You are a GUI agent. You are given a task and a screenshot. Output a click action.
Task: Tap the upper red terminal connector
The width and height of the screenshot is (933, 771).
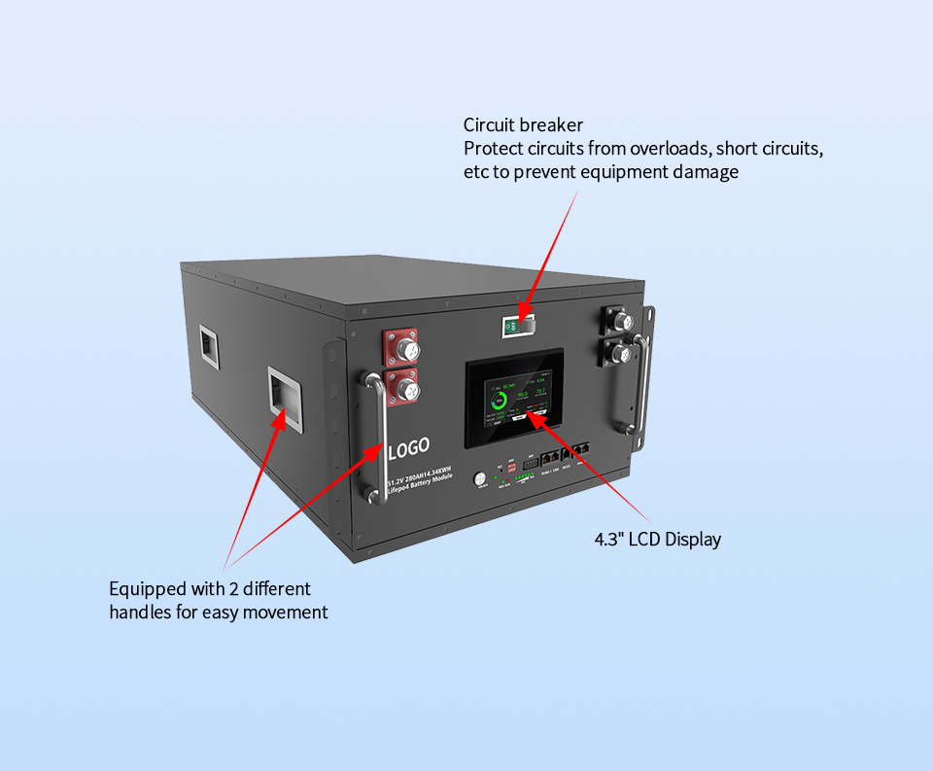401,347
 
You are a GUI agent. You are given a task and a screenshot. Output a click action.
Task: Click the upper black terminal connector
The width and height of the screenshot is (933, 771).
620,320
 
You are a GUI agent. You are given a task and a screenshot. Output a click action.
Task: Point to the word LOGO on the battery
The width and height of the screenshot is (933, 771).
408,451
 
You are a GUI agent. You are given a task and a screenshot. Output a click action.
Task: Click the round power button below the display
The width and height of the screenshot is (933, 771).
479,478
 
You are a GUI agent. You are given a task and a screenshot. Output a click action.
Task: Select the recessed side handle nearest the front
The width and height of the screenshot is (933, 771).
283,396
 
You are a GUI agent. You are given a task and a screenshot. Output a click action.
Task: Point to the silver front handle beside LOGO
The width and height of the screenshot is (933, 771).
372,435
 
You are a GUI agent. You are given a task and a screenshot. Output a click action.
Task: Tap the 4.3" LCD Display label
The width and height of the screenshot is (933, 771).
658,539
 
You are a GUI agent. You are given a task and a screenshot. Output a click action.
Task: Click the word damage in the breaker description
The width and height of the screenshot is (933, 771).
708,172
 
